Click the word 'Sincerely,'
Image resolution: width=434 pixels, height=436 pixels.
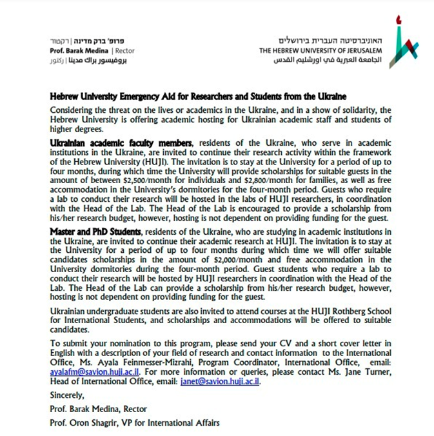(x=66, y=395)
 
